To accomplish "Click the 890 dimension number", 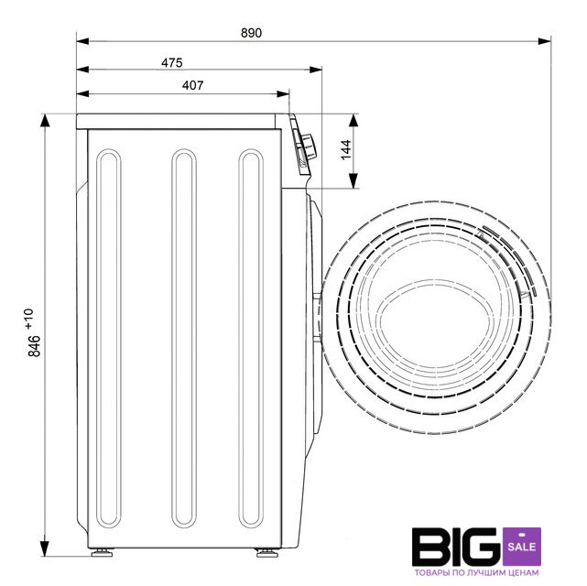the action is tap(251, 33).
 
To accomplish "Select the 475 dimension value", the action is tap(172, 62).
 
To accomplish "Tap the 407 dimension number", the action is tap(193, 85).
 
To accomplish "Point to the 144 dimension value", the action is tap(346, 149).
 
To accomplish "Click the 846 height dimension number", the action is tap(35, 346).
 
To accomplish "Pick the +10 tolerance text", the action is tap(29, 320).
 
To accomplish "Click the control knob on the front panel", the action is tap(309, 147).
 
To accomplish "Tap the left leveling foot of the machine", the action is tap(102, 553).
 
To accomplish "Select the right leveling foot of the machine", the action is tap(266, 553).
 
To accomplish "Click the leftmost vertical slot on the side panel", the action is tap(109, 338).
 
